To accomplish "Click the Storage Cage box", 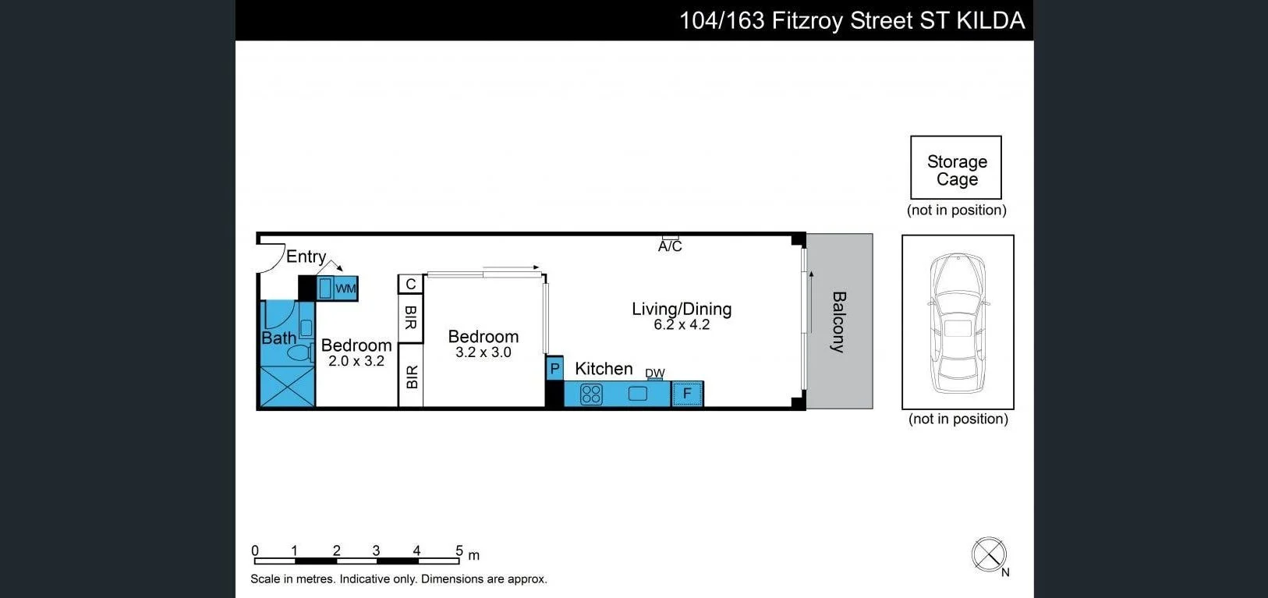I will click(956, 168).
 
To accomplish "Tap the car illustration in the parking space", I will click(958, 322).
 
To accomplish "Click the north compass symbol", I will click(989, 554).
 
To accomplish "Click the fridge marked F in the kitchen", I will click(687, 394).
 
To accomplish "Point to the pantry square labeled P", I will click(554, 368).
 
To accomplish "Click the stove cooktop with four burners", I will click(591, 395).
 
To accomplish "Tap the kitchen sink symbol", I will click(638, 394).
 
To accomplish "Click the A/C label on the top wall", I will click(670, 246).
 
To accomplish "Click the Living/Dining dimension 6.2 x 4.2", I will click(682, 325).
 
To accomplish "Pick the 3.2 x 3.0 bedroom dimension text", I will click(483, 352).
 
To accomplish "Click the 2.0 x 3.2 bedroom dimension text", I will click(356, 361).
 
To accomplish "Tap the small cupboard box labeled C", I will click(410, 285).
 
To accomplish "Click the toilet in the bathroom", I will click(299, 352).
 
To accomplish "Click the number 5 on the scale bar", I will click(459, 550).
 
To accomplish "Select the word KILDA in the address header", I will click(990, 20).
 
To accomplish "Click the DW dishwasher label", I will click(655, 373).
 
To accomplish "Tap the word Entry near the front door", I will click(306, 257).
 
